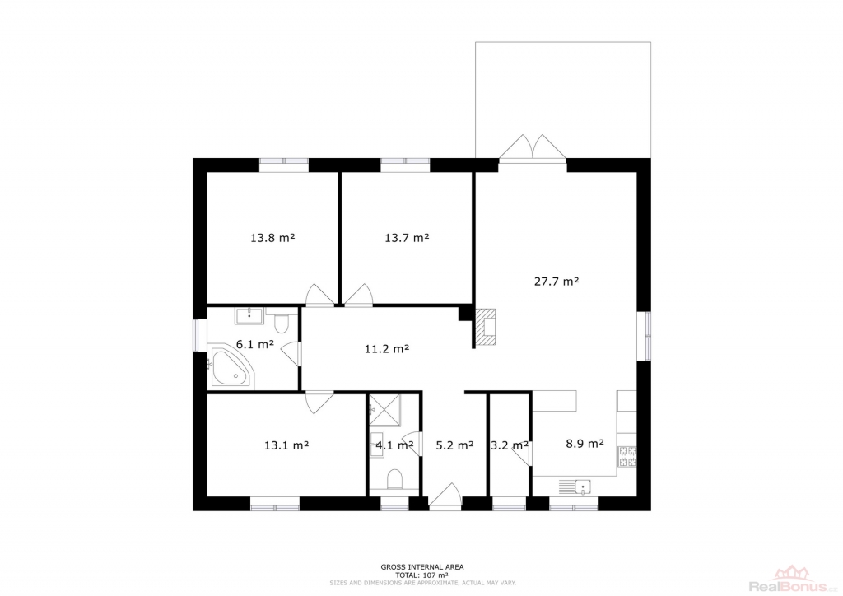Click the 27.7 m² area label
coord(556,281)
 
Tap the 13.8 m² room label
coord(272,238)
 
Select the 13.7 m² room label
coord(407,238)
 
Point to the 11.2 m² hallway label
coord(387,349)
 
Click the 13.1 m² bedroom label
coord(286,445)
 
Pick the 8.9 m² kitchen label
coord(585,444)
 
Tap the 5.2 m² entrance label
coord(454,445)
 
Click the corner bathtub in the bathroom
coord(231,368)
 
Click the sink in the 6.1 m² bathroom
coord(249,315)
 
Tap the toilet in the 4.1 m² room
coord(394,478)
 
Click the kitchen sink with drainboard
coord(575,487)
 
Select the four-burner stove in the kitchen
coord(627,457)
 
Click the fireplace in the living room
coord(486,326)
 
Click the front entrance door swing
coord(445,495)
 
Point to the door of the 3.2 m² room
coord(521,456)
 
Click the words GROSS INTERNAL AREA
coord(422,567)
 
